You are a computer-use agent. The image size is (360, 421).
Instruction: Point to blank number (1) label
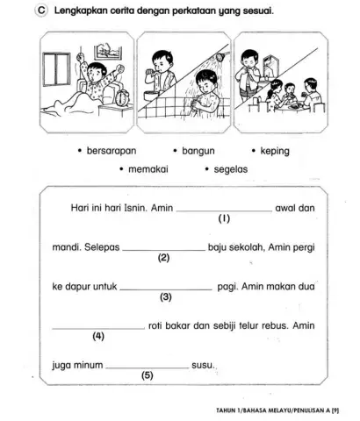point(224,221)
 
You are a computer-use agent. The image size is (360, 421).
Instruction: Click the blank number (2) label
point(163,259)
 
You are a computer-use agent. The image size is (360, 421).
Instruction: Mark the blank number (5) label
point(147,374)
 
